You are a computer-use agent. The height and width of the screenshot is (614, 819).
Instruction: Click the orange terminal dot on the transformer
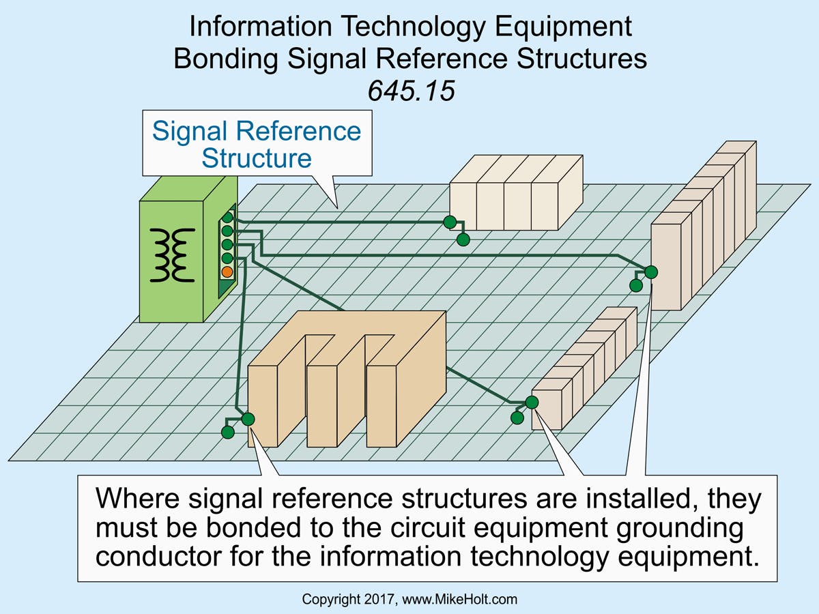227,272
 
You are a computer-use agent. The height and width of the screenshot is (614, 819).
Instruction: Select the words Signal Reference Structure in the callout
257,144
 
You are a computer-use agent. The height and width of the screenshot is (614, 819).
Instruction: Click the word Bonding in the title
225,59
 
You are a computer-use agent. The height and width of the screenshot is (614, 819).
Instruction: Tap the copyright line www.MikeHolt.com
464,600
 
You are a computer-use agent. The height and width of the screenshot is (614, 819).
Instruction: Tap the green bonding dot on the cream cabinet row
449,222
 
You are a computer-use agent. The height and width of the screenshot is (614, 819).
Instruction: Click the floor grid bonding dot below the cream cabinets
463,239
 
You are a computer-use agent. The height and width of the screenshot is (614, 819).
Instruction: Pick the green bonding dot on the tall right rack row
650,272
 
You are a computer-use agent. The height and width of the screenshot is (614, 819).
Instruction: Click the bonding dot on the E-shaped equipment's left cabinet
248,419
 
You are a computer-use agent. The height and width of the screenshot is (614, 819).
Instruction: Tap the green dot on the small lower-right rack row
532,403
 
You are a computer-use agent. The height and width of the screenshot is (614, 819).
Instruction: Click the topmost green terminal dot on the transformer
227,218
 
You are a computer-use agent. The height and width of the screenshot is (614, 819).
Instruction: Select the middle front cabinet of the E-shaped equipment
321,406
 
